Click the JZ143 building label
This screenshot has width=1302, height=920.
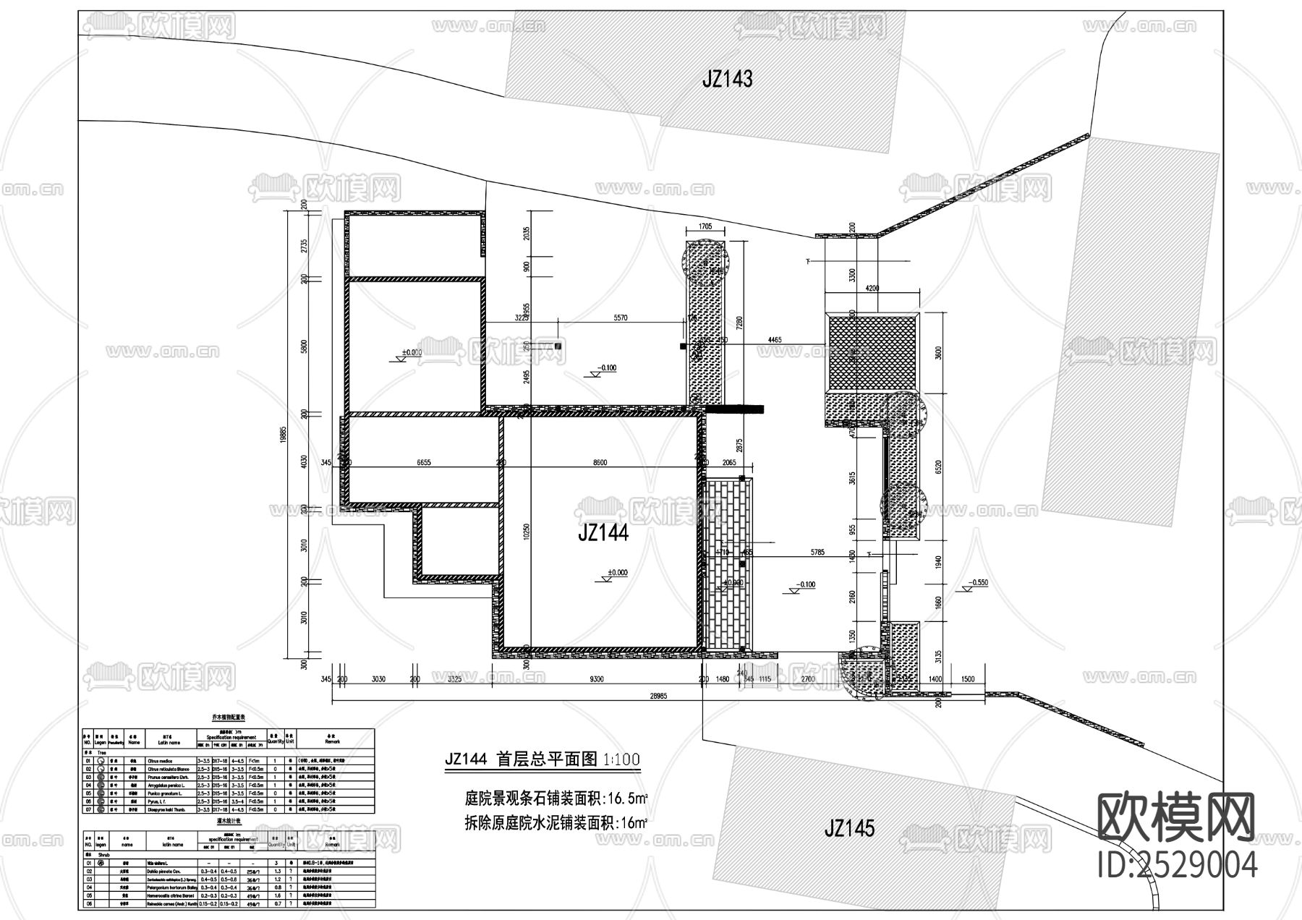tap(727, 79)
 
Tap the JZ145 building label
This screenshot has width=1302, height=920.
tap(849, 827)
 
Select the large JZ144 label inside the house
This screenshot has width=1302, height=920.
tap(603, 533)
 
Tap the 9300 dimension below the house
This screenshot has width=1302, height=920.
tap(597, 679)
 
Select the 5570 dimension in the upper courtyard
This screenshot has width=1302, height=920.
tap(620, 318)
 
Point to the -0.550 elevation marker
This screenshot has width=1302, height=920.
tap(979, 582)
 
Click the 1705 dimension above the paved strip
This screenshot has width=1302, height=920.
tap(705, 226)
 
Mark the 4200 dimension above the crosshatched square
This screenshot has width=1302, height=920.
tap(872, 288)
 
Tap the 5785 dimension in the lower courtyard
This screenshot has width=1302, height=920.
tap(817, 553)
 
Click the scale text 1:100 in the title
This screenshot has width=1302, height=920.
tap(621, 759)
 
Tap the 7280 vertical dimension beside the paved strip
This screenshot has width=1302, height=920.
tap(739, 322)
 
